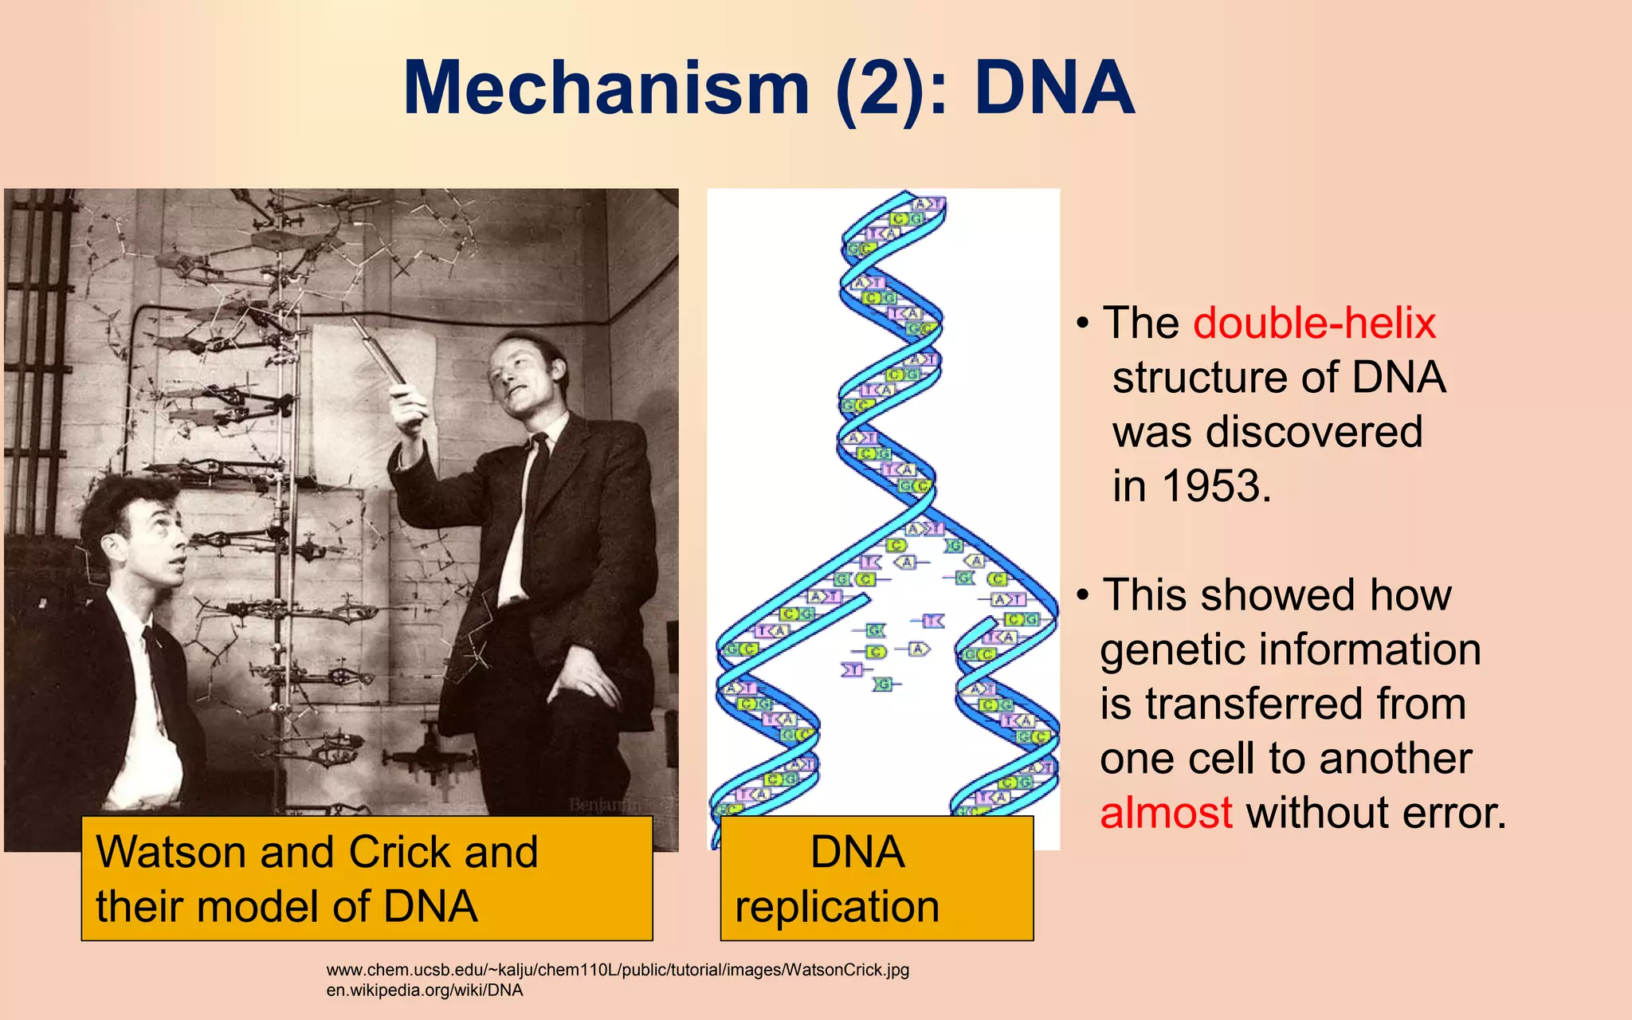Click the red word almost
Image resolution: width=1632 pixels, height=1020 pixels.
[1166, 813]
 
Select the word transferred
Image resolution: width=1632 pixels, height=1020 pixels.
[1305, 704]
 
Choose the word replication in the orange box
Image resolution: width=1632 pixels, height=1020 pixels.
[837, 907]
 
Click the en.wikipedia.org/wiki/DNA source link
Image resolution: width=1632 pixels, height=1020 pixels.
[425, 991]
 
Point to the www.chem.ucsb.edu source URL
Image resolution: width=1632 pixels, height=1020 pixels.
[618, 970]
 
